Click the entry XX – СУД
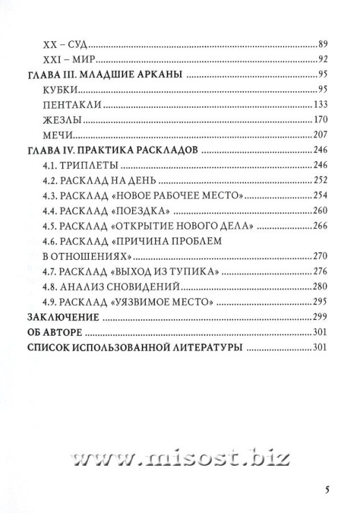click(62, 43)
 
